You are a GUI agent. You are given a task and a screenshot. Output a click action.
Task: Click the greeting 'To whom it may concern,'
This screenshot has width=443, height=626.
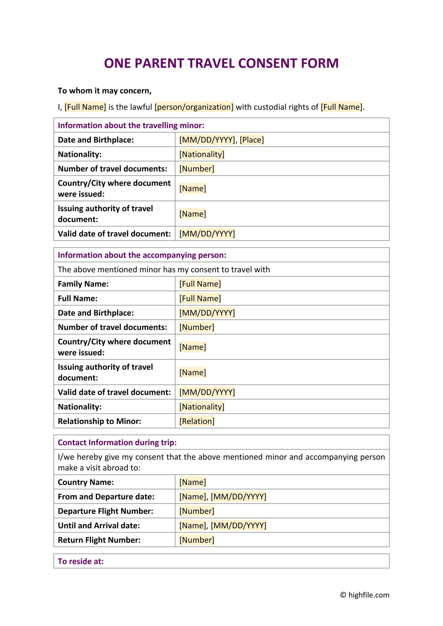click(x=105, y=91)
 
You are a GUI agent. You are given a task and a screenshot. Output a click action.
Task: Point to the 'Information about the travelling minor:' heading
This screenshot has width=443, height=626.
click(x=131, y=125)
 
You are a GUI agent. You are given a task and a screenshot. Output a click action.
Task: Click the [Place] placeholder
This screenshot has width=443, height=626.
click(x=251, y=140)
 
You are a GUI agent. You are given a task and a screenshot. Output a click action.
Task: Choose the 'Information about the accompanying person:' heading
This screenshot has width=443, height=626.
click(x=142, y=255)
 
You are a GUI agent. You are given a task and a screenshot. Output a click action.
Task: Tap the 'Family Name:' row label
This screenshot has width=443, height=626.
click(x=83, y=284)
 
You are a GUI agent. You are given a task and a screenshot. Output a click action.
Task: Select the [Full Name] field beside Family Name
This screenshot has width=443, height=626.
click(x=200, y=284)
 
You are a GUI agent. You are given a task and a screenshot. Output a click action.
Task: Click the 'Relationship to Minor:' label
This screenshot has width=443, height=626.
click(x=100, y=421)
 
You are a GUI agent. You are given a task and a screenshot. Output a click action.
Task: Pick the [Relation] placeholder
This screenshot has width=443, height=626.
click(x=197, y=421)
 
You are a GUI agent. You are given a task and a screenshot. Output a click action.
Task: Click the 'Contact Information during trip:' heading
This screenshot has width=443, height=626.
click(x=117, y=442)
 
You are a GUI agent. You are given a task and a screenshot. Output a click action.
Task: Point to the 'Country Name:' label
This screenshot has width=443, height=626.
click(x=86, y=482)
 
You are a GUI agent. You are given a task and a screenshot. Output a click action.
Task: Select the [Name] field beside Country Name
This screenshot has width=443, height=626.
click(x=193, y=482)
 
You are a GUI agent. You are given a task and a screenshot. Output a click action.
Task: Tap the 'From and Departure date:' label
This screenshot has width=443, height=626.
click(x=106, y=497)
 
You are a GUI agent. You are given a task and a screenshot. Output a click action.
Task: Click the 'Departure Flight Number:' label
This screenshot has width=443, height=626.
click(x=106, y=511)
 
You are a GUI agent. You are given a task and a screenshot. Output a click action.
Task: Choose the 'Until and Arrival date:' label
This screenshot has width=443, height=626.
click(x=99, y=526)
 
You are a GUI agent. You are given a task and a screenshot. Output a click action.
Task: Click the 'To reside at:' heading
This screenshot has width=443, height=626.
click(x=81, y=561)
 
